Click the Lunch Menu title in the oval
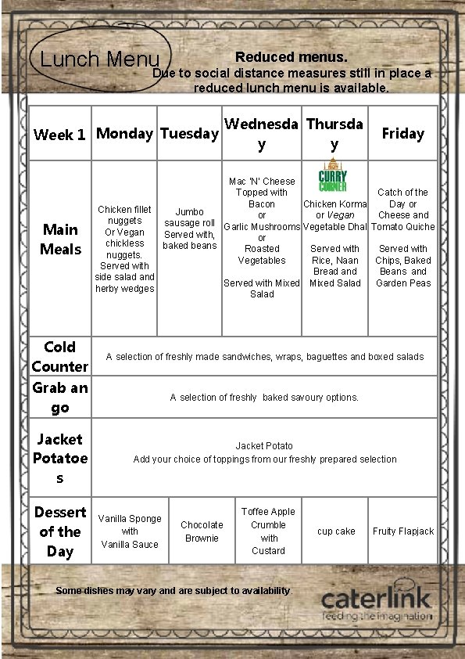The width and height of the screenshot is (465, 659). coord(99,59)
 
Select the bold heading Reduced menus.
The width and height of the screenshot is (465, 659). coord(291,57)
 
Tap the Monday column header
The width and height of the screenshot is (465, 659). coord(124,133)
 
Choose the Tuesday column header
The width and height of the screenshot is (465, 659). coord(189,133)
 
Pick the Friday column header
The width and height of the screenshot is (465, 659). coord(402,133)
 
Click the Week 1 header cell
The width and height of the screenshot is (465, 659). coord(59,135)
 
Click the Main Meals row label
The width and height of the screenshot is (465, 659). coord(61,239)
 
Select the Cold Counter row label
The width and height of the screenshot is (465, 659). coord(60,356)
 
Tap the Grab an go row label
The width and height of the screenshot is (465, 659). coord(60,398)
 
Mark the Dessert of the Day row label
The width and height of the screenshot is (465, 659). coord(60,531)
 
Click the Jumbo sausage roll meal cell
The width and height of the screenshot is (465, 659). coord(189,229)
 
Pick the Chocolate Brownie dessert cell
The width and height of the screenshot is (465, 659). coord(202,531)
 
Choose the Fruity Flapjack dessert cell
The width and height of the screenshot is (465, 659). coord(403,531)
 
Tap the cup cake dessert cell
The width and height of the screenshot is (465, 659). coord(336,531)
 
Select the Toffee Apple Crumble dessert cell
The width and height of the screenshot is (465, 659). coord(268,531)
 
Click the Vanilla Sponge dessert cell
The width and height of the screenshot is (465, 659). coord(130,531)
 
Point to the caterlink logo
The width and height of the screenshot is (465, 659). coord(376,603)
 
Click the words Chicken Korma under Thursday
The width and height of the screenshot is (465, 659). coord(335,204)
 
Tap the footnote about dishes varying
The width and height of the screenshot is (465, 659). coord(173,591)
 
